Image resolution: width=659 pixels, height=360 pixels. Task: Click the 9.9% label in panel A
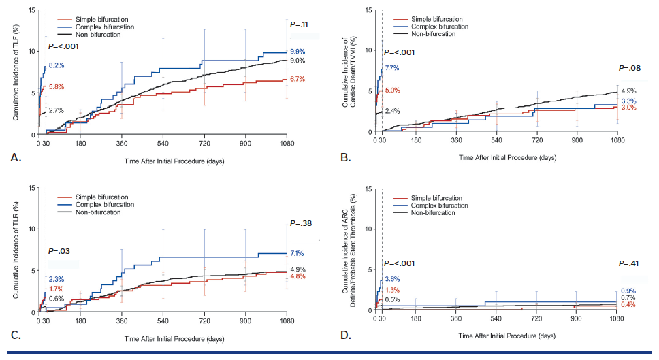coord(297,52)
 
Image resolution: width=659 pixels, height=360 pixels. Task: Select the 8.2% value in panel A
coord(57,66)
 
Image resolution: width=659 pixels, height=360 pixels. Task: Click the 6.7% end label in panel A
coord(297,80)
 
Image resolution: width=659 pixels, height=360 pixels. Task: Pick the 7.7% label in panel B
coord(392,69)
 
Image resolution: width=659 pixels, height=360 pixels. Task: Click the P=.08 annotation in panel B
coord(630,69)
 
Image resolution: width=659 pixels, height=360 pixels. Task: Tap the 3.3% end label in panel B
coord(628,101)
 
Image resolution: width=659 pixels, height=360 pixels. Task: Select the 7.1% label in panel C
coord(297,253)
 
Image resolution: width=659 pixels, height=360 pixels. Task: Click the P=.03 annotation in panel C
coord(59,252)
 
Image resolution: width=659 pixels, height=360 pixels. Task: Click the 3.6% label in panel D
coord(392,280)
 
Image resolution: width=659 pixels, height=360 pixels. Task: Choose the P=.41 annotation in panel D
coord(630,263)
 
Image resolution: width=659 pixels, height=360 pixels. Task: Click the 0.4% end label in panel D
coord(628,304)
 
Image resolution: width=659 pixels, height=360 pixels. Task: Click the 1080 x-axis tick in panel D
coord(617,318)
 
